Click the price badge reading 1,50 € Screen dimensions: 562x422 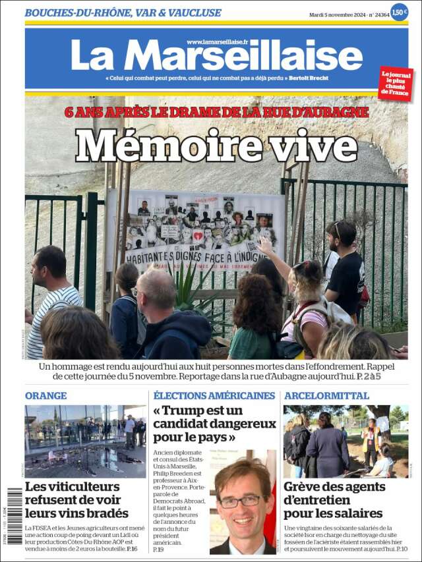coord(399,12)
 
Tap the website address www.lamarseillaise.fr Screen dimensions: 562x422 coord(217,42)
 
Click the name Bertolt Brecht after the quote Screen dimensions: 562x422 coord(308,78)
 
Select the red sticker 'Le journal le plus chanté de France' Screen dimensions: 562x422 coord(395,83)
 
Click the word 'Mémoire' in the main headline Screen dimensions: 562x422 coord(168,146)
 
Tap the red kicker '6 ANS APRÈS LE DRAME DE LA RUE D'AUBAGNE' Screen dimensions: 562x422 coord(216,112)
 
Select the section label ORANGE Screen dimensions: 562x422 coord(45,395)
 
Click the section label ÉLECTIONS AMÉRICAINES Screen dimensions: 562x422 coord(214,395)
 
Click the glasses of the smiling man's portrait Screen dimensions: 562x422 coord(242,501)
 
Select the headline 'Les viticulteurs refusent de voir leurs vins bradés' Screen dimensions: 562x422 coord(76,500)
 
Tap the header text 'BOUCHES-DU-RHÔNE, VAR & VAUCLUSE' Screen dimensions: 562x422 coord(123,13)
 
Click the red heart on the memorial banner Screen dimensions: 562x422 coord(198,235)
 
